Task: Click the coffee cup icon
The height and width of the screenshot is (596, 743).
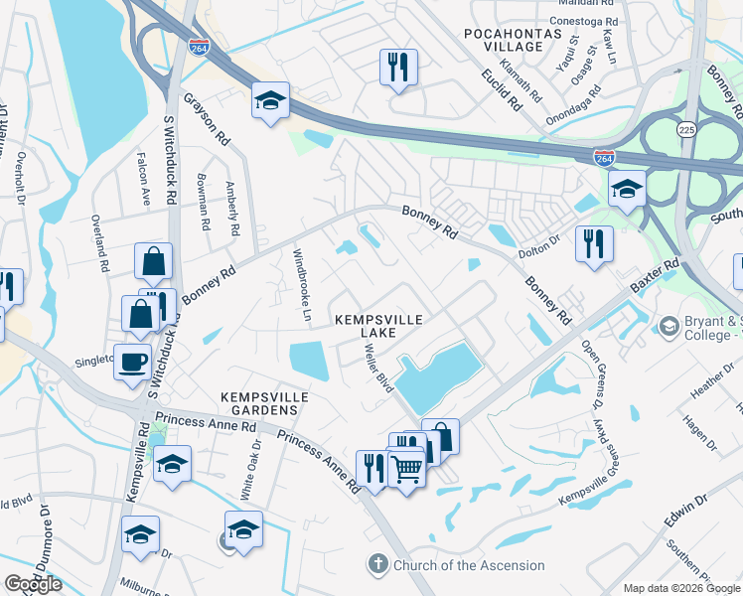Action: pos(132,362)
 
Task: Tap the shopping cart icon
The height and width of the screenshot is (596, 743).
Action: pos(406,467)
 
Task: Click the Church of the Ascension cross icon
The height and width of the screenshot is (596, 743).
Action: pos(377,565)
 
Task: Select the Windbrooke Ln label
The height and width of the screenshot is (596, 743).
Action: pos(302,286)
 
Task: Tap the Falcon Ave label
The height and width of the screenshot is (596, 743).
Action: pos(145,185)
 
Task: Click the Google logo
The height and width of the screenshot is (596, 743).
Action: pos(34,584)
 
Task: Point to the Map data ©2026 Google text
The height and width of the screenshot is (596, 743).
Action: pos(681,588)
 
